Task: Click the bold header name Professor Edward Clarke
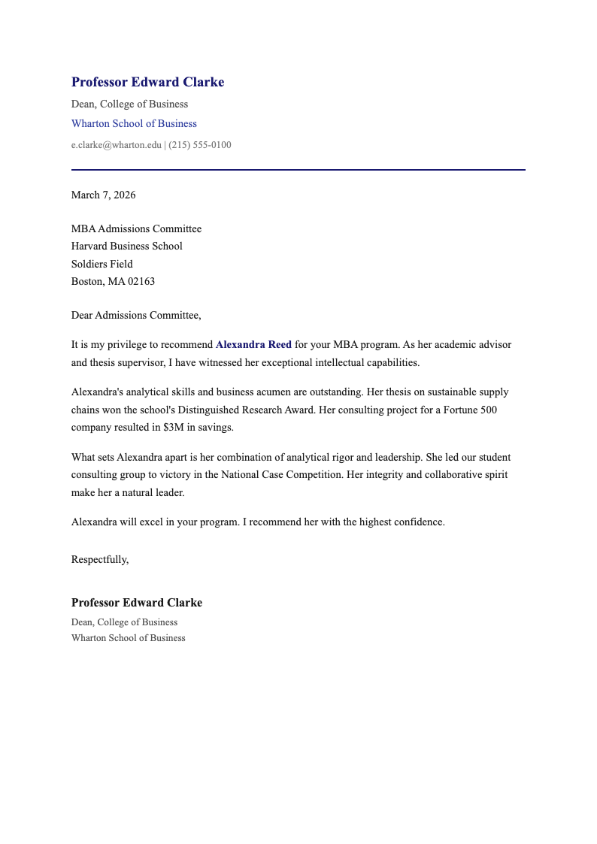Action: coord(147,82)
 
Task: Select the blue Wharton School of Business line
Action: coord(134,123)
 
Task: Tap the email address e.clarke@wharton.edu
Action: coord(116,145)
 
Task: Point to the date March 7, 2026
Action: coord(103,195)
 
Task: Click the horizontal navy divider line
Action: coord(298,170)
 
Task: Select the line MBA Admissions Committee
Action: coord(136,228)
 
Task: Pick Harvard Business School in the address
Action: coord(126,246)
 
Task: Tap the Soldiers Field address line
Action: coord(102,264)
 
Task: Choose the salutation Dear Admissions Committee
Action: coord(135,315)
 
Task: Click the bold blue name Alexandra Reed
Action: coord(253,344)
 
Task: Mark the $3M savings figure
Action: coord(174,427)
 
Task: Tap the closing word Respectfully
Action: coord(99,558)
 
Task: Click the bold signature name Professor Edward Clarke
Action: coord(136,603)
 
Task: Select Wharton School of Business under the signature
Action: coord(128,638)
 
